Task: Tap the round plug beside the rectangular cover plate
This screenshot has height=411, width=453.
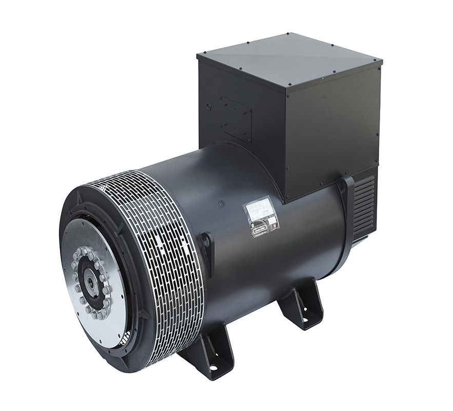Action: click(x=209, y=106)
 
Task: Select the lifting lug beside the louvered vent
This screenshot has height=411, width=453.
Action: click(x=347, y=188)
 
